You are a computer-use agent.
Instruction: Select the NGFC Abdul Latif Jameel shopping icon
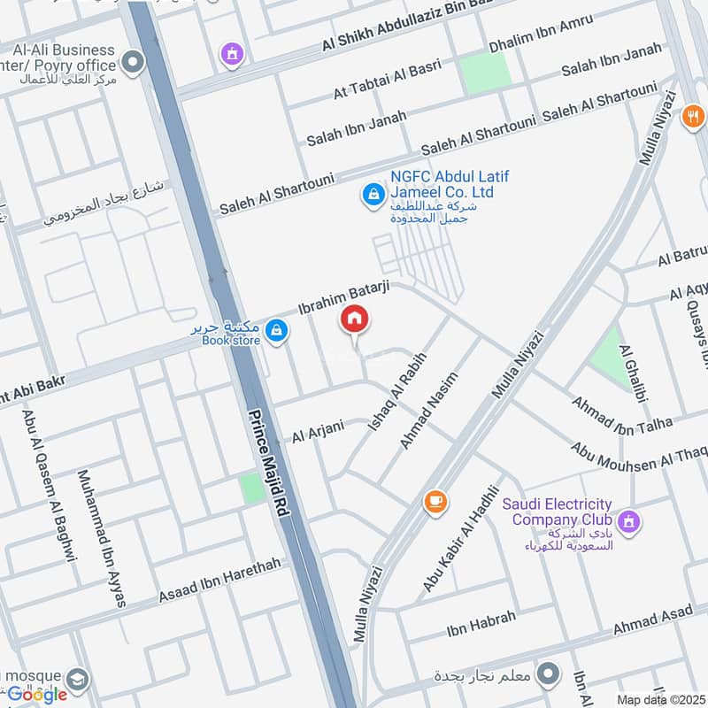tap(374, 192)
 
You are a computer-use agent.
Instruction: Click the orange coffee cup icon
tap(435, 502)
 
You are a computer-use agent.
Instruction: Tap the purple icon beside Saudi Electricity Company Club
tap(629, 521)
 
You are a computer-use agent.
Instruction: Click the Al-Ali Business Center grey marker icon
tap(133, 62)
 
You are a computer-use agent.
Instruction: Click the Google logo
tap(37, 694)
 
